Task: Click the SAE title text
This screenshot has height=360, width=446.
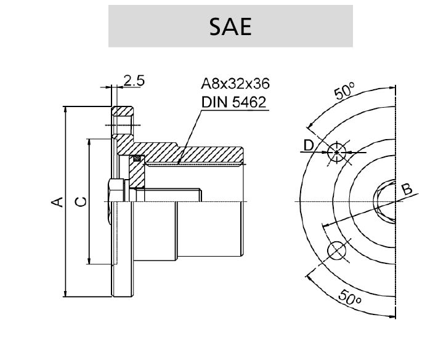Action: [230, 26]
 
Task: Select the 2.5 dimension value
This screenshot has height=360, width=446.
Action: [134, 81]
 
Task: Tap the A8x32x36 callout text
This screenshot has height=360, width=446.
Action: [235, 84]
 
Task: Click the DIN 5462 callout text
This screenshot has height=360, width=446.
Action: [233, 102]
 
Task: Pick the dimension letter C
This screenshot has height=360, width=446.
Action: [81, 202]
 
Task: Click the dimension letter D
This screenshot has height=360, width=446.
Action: [309, 145]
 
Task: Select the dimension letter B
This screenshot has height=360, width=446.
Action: [407, 190]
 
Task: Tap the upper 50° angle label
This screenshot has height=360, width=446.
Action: [344, 91]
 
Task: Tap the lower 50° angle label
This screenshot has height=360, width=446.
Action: [350, 297]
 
